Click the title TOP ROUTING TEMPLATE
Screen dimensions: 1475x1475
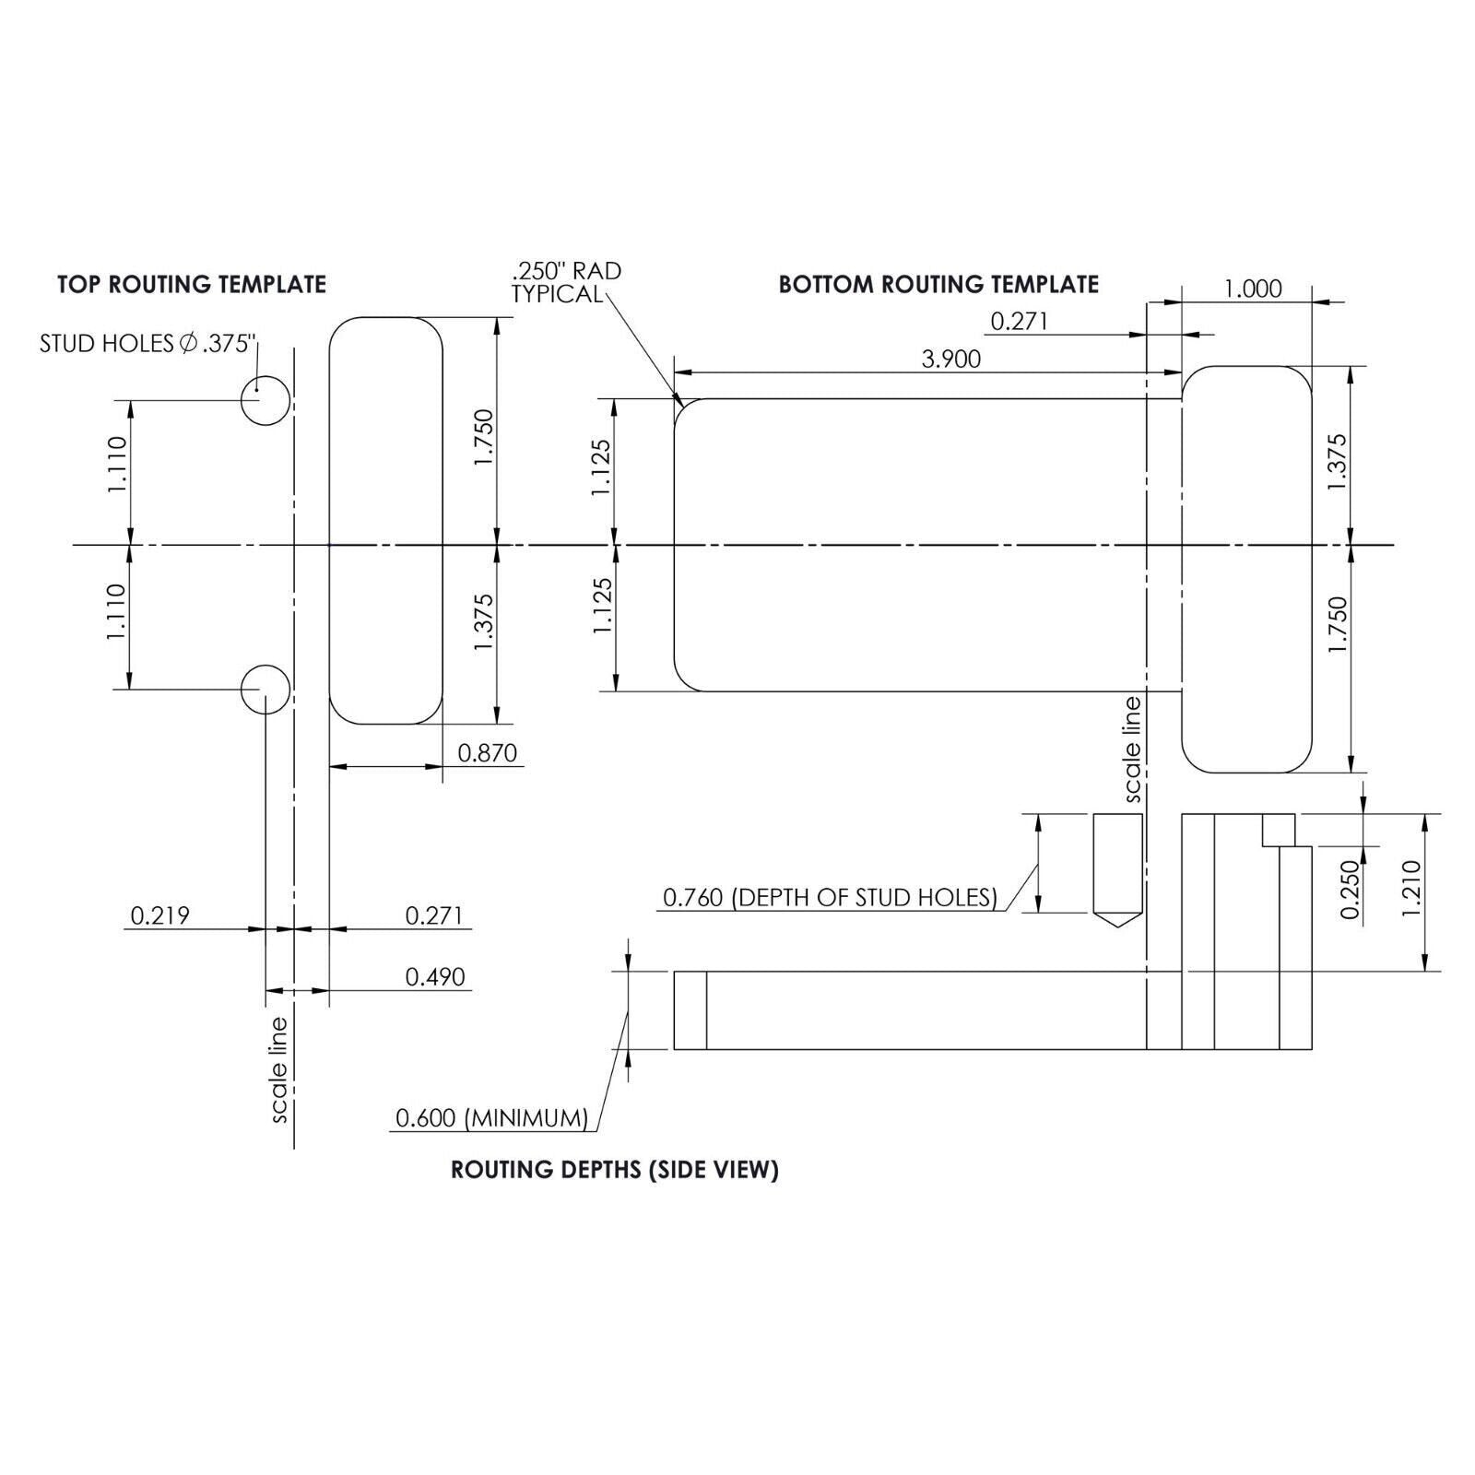pos(192,284)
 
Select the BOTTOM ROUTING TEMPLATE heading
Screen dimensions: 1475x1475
pos(938,284)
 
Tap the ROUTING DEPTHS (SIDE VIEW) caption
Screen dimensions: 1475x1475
pos(615,1170)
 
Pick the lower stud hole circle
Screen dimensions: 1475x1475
pos(265,689)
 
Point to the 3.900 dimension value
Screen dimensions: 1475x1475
pos(951,359)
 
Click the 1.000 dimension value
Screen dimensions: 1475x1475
pos(1253,289)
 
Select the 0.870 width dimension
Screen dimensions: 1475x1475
pos(488,753)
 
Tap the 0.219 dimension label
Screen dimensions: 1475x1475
pos(160,915)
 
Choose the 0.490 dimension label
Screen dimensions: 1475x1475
pos(435,976)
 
